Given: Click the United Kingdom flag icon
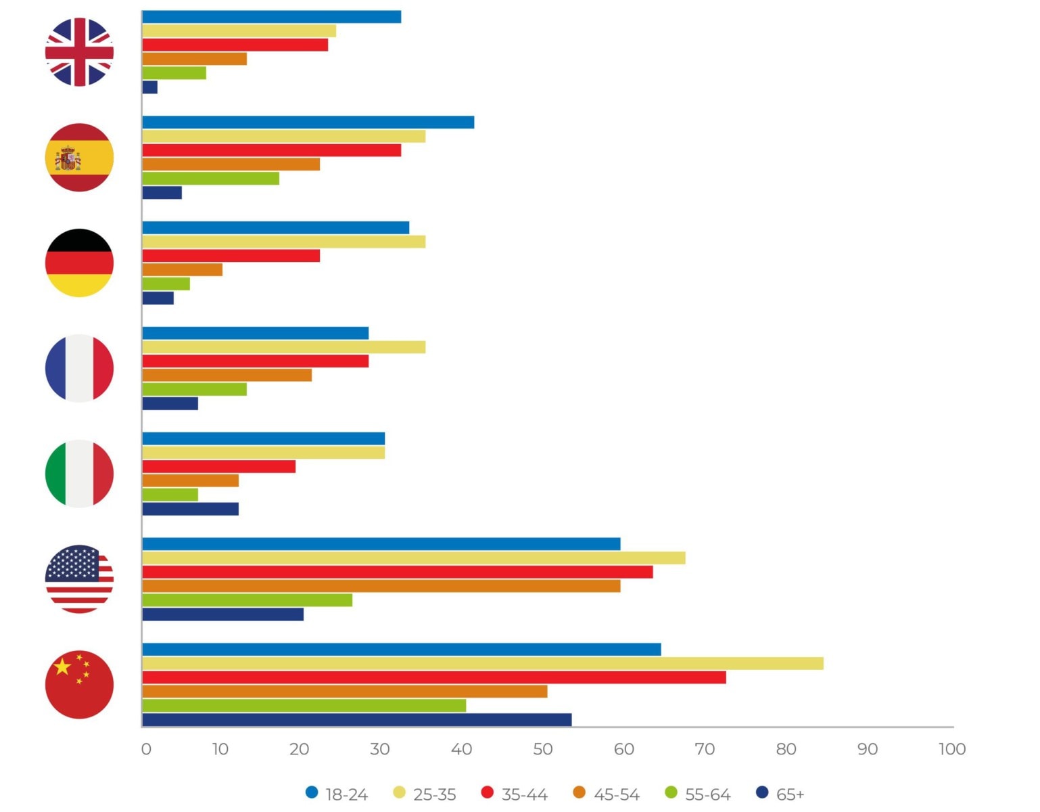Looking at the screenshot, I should tap(79, 52).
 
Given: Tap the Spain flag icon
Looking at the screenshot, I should tap(79, 158).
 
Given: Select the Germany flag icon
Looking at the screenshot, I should tap(79, 263).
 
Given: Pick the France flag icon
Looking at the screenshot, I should tap(79, 368).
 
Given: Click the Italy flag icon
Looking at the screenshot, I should tap(79, 474).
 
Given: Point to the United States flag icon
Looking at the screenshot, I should tap(79, 579).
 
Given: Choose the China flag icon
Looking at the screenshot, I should tap(79, 684).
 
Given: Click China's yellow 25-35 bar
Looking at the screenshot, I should tap(482, 663).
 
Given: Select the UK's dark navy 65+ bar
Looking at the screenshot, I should tap(149, 87).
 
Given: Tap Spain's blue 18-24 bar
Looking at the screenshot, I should tap(308, 122).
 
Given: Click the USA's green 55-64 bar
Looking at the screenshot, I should tap(247, 600).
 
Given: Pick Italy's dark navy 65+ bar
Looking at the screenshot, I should tap(190, 509).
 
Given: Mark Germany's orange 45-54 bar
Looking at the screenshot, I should tap(182, 270).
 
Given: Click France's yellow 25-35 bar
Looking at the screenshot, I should tap(283, 347).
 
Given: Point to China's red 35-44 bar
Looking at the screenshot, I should tap(433, 677).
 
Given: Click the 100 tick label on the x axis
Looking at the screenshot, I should tap(951, 749).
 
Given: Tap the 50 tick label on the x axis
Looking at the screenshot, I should tap(542, 749).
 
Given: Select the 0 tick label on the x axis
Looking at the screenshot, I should tap(146, 749).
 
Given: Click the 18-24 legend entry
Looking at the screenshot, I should tap(337, 794).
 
